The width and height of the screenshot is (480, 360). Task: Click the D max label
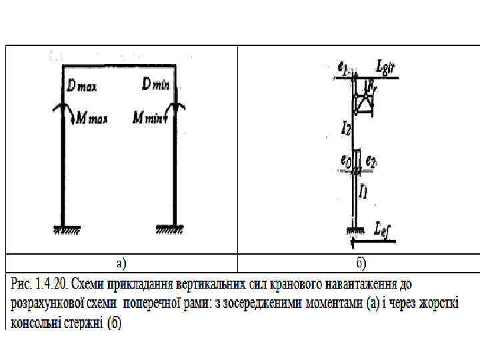coord(82,85)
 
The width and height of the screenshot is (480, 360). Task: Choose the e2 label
coord(371,162)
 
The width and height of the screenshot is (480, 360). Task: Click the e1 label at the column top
coord(342,66)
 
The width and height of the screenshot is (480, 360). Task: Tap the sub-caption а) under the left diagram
coord(121,263)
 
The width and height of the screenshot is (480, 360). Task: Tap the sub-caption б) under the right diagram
coord(361,263)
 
